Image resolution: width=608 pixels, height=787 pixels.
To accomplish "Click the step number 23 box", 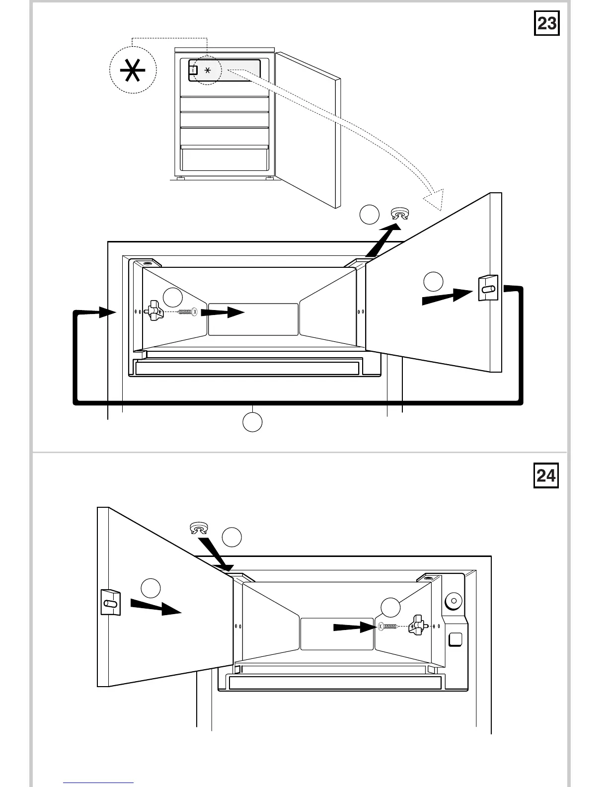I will [x=546, y=23].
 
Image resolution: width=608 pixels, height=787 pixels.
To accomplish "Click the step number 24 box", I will [x=546, y=475].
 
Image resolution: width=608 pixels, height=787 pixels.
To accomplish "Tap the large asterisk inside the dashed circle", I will [x=133, y=71].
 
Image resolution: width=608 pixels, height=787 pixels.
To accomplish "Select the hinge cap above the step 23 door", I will [x=400, y=214].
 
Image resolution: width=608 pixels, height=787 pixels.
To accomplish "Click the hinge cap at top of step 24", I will [x=199, y=528].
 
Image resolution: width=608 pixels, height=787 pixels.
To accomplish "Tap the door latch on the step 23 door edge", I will [x=487, y=288].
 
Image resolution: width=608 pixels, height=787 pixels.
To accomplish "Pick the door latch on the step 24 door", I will [x=110, y=602].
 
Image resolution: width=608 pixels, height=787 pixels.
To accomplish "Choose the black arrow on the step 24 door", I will [x=156, y=607].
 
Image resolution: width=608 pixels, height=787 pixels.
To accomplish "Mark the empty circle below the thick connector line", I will [x=252, y=422].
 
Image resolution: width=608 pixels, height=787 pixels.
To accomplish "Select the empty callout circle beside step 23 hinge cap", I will [x=369, y=214].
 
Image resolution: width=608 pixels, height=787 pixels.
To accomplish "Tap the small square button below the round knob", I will [x=455, y=639].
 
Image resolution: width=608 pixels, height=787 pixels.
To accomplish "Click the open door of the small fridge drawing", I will [x=308, y=129].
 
